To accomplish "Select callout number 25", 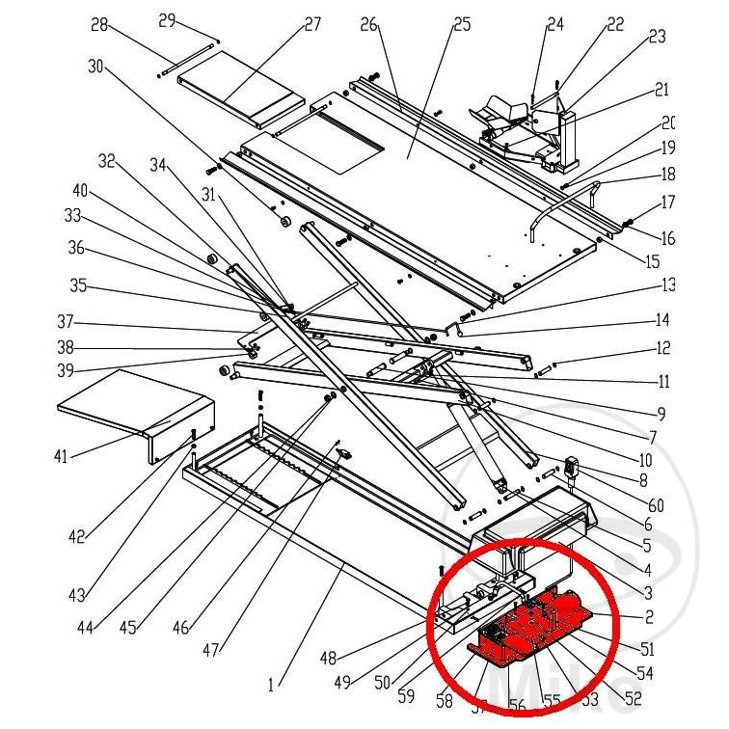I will (x=462, y=23).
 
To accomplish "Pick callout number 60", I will (x=656, y=505).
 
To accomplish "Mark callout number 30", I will (x=94, y=67).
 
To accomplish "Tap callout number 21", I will (x=661, y=90).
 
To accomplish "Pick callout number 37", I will (x=65, y=321).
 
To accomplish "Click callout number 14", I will (x=662, y=320).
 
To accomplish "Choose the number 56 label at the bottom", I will (x=517, y=706).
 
